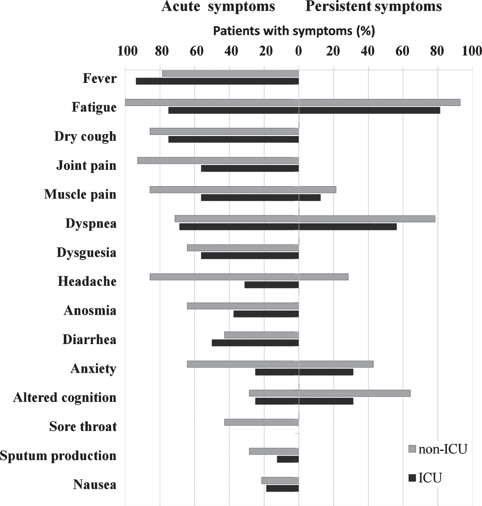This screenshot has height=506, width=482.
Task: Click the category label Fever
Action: tap(100, 78)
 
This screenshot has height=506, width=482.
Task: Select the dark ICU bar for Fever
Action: tap(217, 81)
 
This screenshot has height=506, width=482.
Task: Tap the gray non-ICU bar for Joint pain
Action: tap(218, 161)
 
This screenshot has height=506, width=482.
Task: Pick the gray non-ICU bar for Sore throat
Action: tap(262, 423)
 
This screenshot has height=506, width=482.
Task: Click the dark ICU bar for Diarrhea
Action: tap(255, 343)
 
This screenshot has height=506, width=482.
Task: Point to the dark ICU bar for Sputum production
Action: tap(288, 459)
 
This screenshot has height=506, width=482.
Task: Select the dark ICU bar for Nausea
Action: tap(282, 488)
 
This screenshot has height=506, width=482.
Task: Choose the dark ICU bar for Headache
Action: tap(272, 285)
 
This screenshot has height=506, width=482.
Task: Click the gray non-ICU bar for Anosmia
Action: tap(243, 306)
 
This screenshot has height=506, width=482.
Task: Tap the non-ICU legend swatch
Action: tap(412, 449)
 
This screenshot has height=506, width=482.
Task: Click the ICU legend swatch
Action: tap(412, 477)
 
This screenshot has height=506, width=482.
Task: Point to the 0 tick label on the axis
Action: tap(299, 51)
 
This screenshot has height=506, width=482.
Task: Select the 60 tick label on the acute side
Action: tap(196, 51)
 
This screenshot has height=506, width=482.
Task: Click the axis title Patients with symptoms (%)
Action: tap(294, 31)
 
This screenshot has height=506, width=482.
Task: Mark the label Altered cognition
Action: tap(65, 398)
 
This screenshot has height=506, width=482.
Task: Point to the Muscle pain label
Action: tap(80, 194)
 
